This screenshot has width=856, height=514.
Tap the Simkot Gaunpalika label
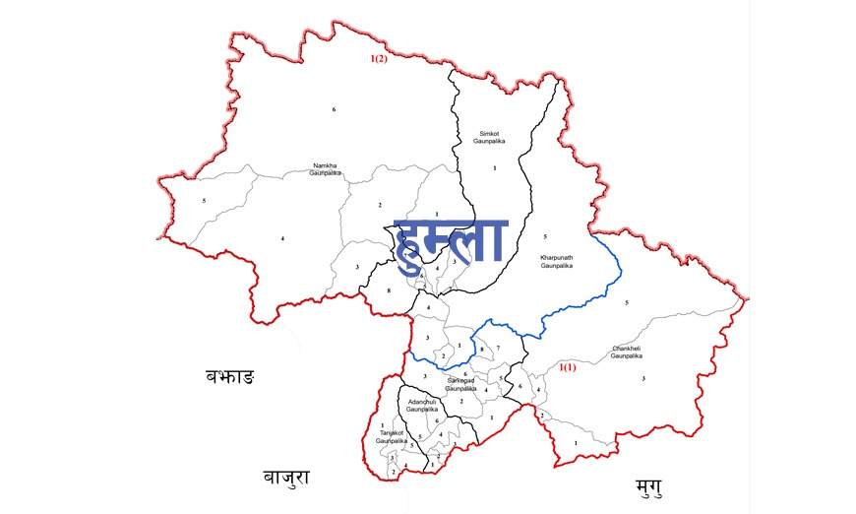(489, 138)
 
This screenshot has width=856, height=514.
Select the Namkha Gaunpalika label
(326, 168)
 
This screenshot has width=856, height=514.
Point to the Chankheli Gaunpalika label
(627, 352)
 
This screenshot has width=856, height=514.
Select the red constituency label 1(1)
(568, 367)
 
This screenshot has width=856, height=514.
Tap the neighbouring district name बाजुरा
(286, 478)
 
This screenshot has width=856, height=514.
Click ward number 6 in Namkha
(335, 108)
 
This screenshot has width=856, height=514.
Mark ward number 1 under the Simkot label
(494, 169)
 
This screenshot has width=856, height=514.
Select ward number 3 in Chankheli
(643, 378)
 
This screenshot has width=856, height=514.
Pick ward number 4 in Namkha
(282, 239)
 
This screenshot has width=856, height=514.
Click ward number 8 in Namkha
(390, 289)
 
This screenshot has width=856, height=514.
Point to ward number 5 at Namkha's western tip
(203, 201)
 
